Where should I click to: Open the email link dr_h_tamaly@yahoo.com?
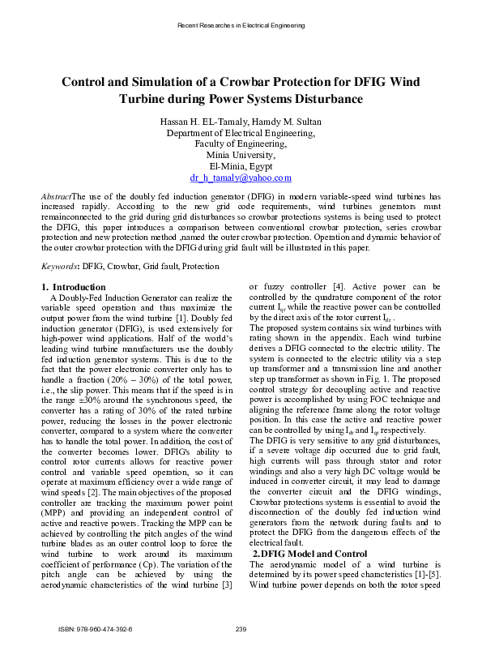[241, 178]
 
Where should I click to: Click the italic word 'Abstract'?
[56, 197]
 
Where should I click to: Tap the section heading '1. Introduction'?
[74, 287]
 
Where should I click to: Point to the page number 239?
[241, 629]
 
